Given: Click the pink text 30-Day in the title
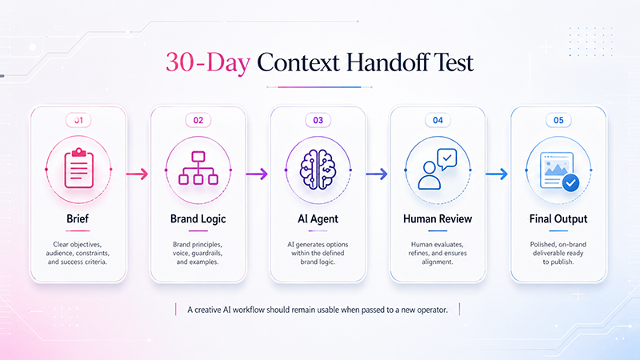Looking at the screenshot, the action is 208,63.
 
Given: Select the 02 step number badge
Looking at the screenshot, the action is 198,120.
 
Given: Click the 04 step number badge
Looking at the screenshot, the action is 438,120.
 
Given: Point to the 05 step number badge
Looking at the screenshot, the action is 558,120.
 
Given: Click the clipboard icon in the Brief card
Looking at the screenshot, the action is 78,168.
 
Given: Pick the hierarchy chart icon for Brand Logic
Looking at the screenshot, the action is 198,168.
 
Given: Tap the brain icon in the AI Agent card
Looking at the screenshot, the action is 318,170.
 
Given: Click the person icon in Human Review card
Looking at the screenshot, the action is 429,175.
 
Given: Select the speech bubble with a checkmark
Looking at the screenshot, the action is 447,158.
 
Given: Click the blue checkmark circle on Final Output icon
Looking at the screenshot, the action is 570,183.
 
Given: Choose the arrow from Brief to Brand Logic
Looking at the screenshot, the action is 137,174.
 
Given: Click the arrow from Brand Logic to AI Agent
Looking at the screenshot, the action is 257,174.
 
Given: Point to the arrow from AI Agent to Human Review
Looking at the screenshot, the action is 377,174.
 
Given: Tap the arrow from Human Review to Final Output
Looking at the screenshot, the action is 497,174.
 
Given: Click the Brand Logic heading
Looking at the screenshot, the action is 198,219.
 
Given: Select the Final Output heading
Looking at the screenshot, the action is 558,219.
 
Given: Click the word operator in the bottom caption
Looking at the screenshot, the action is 432,310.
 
